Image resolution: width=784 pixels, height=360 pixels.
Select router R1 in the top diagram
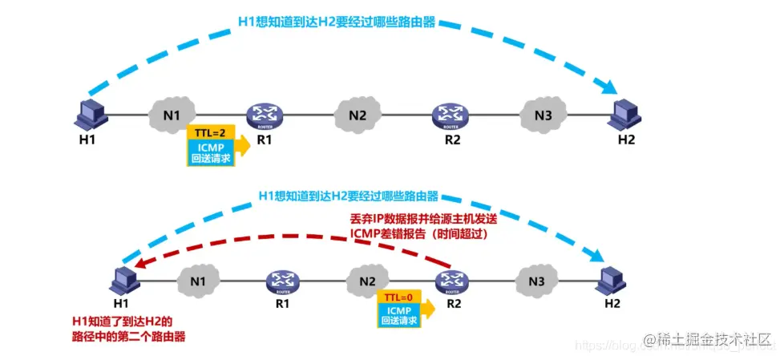262,114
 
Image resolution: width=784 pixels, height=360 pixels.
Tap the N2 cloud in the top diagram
358,115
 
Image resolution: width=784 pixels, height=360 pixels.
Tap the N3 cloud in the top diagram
543,115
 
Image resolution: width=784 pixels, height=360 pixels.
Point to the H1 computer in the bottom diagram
123,278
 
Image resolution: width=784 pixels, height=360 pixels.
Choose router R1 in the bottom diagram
282,281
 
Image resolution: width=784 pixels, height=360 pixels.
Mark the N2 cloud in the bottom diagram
368,281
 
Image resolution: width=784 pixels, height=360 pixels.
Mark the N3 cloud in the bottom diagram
536,281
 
